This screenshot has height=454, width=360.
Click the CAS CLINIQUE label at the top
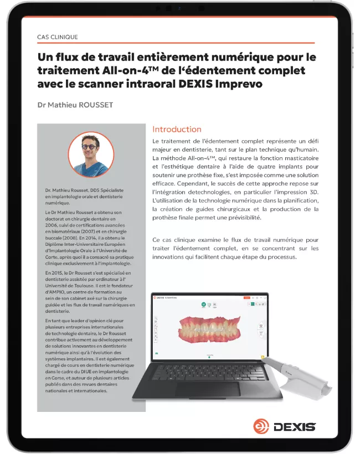(58, 37)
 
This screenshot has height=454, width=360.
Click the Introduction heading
(177, 130)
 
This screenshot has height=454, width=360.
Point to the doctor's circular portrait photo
(91, 154)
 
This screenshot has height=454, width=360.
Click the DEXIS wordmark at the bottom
(294, 426)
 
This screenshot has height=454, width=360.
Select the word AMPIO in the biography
(59, 286)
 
